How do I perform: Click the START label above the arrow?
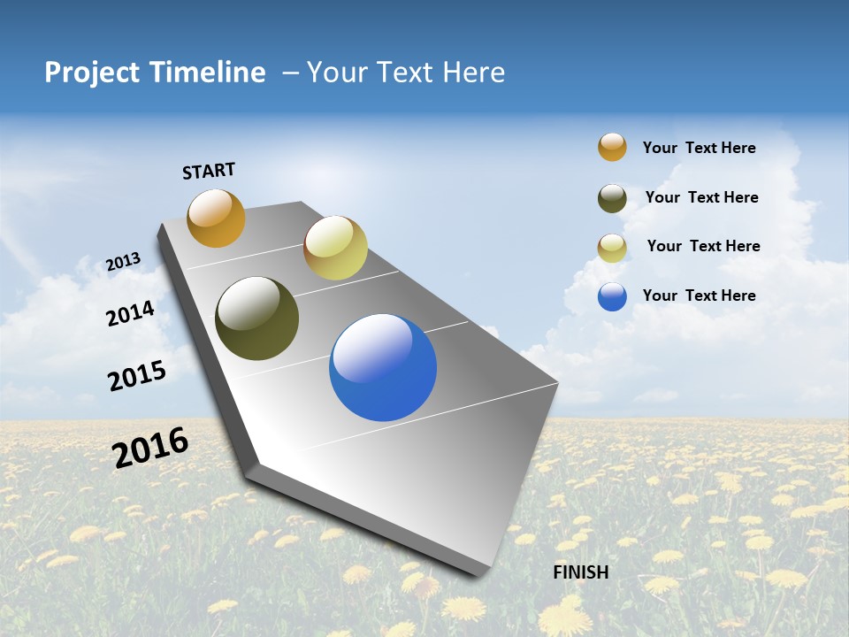point(209,171)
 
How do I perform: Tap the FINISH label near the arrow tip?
point(580,572)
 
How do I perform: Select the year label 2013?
point(123,262)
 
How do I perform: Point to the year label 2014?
point(130,313)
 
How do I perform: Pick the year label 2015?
point(137,376)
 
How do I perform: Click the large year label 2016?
point(150,448)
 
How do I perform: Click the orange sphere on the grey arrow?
point(216,218)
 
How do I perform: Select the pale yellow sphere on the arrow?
point(335,248)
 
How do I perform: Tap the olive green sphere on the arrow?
point(256,318)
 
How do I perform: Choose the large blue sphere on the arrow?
point(383,367)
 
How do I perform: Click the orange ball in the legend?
point(612,147)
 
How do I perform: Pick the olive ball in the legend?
point(612,198)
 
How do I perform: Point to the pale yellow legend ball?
point(612,248)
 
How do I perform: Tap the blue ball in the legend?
point(612,296)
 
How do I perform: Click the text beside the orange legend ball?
point(699,148)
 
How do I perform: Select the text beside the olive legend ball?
point(701,197)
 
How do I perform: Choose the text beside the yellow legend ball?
point(703,246)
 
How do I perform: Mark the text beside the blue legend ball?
point(699,295)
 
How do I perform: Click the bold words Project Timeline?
point(155,73)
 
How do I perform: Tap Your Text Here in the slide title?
point(405,73)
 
